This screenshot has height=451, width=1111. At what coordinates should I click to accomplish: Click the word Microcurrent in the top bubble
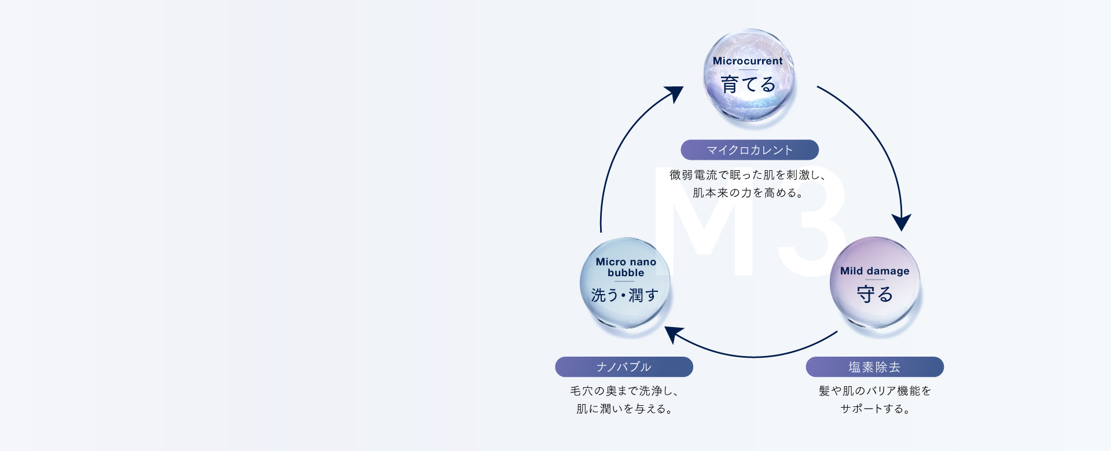click(748, 61)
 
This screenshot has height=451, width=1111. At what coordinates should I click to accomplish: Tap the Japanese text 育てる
click(748, 85)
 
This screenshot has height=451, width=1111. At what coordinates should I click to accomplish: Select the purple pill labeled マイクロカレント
click(749, 150)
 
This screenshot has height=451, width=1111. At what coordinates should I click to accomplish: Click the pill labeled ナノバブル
click(624, 367)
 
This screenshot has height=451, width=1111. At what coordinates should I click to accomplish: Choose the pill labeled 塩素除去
click(874, 367)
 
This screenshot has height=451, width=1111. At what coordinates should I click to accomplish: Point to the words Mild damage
click(874, 271)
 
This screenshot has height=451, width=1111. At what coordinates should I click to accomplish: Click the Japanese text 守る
click(875, 295)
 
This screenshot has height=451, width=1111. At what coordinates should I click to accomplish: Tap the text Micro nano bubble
click(626, 267)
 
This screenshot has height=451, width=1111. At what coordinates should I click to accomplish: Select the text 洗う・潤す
click(625, 296)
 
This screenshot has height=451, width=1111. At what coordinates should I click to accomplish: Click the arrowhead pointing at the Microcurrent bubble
click(675, 93)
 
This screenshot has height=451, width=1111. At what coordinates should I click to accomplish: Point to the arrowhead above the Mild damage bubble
click(901, 222)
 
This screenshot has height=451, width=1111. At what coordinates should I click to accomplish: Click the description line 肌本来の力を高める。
click(748, 193)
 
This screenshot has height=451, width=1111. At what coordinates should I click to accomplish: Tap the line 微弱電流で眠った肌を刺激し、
click(748, 175)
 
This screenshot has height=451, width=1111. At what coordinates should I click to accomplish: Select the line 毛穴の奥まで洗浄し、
click(624, 391)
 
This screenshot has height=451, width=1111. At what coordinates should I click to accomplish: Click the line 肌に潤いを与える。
click(624, 409)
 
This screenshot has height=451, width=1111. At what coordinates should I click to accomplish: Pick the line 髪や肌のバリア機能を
click(874, 391)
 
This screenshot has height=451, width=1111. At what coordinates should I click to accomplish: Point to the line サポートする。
click(874, 409)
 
